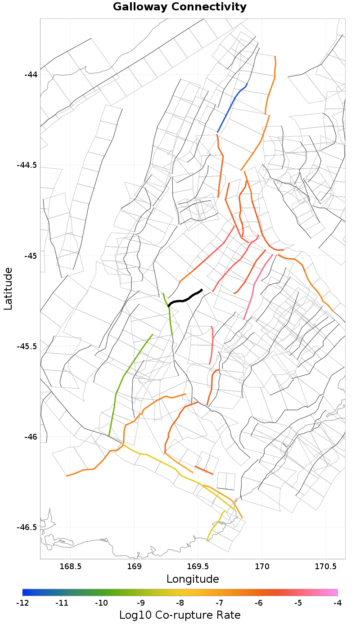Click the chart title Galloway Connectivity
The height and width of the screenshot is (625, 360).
[180, 7]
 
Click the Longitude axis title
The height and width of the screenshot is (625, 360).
[193, 579]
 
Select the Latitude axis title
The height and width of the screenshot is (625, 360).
[8, 288]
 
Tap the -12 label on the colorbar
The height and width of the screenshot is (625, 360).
[22, 603]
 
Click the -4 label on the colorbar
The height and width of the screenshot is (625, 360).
[337, 603]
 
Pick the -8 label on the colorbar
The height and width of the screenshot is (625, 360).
[180, 603]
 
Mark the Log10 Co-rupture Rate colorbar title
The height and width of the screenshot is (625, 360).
[180, 615]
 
